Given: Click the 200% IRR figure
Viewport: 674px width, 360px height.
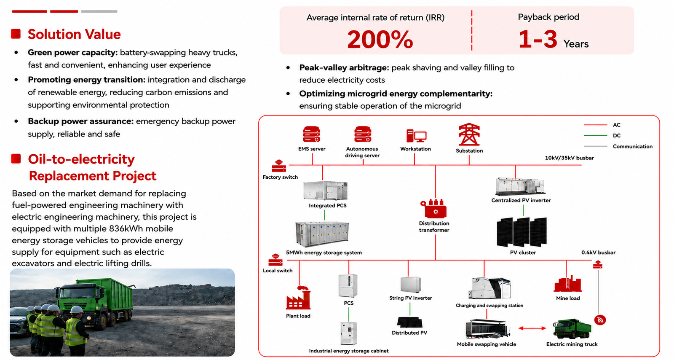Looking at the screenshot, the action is (x=380, y=40).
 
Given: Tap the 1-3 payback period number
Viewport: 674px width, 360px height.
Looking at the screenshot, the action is (x=538, y=39).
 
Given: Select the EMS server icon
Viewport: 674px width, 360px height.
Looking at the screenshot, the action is (x=311, y=134).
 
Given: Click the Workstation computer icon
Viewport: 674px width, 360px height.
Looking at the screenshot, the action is (x=416, y=136).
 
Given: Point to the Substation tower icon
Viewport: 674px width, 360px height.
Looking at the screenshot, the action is (x=469, y=134).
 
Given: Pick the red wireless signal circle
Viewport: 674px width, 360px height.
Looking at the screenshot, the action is (x=600, y=320).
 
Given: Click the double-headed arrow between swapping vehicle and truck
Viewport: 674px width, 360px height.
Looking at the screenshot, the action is (x=532, y=328).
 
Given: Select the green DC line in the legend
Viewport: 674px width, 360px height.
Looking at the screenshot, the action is (x=595, y=136).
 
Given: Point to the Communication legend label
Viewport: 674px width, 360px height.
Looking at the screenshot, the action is (x=632, y=147).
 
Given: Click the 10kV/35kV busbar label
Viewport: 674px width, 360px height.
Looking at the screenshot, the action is (x=569, y=158).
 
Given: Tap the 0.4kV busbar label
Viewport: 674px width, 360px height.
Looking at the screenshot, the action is (x=598, y=253).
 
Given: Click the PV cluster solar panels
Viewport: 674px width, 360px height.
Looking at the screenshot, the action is (x=522, y=232).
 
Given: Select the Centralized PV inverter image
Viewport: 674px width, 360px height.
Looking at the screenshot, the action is (x=520, y=186).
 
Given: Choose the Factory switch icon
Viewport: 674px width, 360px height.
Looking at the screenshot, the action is (x=279, y=166).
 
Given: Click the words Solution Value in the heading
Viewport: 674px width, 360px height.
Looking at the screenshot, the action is (x=74, y=34).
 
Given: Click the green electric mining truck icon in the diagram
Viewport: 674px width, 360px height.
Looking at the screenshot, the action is (x=572, y=329).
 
